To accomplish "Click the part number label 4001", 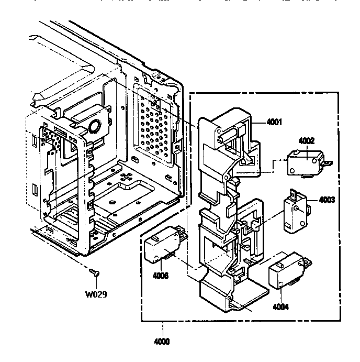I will [275, 123].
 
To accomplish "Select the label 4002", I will [306, 140].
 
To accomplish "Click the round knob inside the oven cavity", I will [95, 125].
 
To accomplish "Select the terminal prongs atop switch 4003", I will [296, 194].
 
